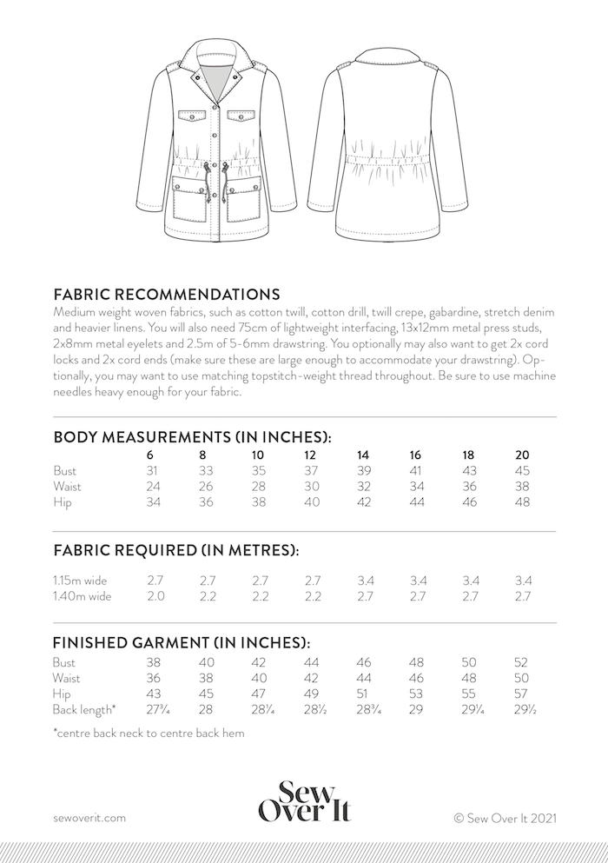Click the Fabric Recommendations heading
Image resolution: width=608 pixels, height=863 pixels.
[166, 294]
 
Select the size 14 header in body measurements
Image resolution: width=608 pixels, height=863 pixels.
[362, 455]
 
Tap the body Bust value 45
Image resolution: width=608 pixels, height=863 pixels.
[522, 470]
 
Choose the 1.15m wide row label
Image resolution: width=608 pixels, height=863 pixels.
[83, 580]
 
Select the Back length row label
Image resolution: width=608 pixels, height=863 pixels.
[84, 710]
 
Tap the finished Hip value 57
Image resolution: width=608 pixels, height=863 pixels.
[522, 694]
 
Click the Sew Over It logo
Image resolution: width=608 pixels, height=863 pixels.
[304, 800]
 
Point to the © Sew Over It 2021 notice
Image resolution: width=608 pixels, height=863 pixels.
[504, 817]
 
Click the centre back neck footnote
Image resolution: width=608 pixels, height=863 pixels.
[149, 733]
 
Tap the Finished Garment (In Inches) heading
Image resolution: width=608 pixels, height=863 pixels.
[182, 643]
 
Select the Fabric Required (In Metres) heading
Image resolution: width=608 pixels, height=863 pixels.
[176, 550]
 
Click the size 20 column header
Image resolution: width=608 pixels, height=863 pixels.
[522, 455]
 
